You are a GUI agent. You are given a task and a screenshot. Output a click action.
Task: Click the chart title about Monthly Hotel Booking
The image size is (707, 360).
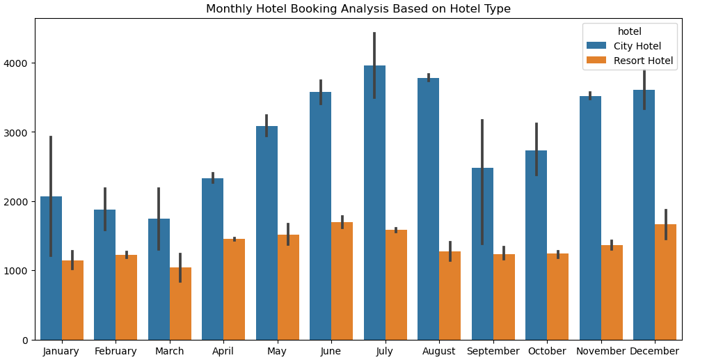pyautogui.click(x=358, y=9)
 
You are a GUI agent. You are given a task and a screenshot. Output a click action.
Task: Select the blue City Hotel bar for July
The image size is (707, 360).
pyautogui.click(x=374, y=209)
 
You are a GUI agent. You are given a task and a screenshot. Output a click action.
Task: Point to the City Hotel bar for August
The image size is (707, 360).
pyautogui.click(x=428, y=209)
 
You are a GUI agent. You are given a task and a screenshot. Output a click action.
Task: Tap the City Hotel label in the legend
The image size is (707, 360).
pyautogui.click(x=637, y=46)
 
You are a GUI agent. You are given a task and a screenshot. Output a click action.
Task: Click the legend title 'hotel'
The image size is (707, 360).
pyautogui.click(x=629, y=31)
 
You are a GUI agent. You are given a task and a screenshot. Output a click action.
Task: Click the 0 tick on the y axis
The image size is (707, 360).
pyautogui.click(x=26, y=340)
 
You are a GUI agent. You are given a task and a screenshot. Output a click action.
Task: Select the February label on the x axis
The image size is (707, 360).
pyautogui.click(x=116, y=352)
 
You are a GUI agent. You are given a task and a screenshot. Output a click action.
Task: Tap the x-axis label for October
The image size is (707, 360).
pyautogui.click(x=547, y=352)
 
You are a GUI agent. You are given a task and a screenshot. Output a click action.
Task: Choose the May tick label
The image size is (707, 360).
pyautogui.click(x=277, y=352)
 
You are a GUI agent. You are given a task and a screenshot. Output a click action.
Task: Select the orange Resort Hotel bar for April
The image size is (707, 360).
pyautogui.click(x=234, y=289)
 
